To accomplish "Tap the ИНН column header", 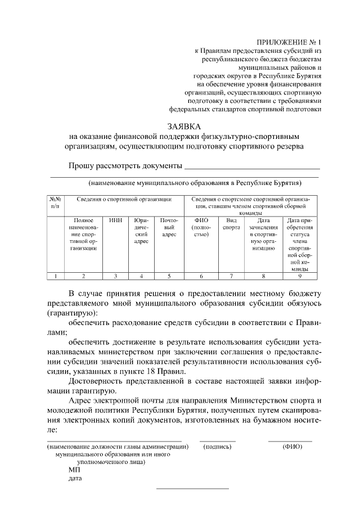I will pos(115,220).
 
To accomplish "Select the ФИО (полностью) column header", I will pos(201,227).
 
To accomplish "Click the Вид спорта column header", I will pos(229,224).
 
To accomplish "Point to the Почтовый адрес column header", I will pos(169,227).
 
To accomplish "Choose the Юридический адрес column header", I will pos(141,231).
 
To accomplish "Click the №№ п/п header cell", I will pos(55,202).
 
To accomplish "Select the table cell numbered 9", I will pos(299,276).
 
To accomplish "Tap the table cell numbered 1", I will pos(55,276).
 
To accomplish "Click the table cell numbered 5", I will pos(169,276).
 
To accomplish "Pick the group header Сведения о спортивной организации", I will pos(116,199).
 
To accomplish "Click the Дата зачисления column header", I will pos(263,234).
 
